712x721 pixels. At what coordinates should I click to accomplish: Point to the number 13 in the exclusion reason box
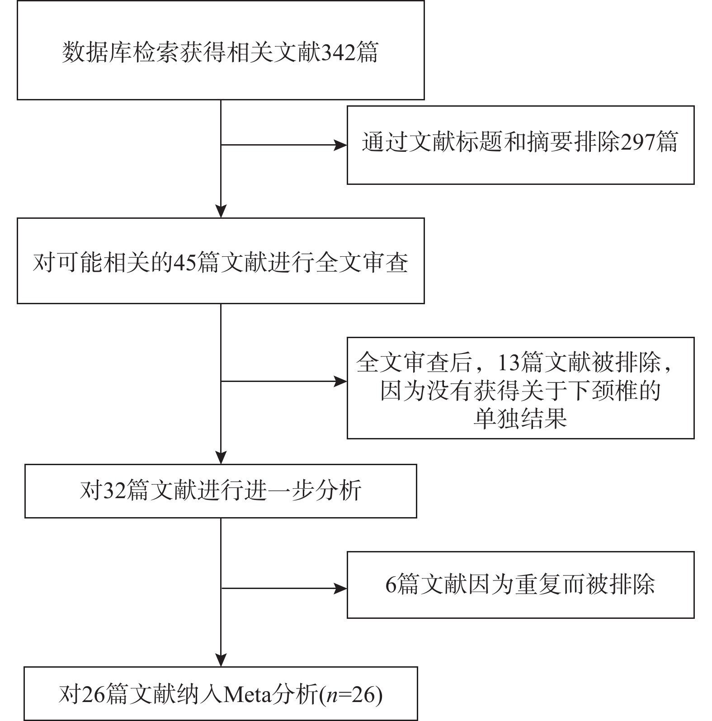509,363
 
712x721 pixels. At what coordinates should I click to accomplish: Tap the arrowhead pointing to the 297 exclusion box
340,145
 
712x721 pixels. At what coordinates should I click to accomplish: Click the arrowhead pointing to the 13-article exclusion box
340,382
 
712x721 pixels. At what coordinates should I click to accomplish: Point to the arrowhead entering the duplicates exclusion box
340,589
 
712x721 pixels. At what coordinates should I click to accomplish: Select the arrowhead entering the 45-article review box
221,211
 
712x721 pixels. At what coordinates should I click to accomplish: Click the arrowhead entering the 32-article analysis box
221,457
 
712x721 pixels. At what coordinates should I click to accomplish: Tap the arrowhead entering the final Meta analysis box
221,660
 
